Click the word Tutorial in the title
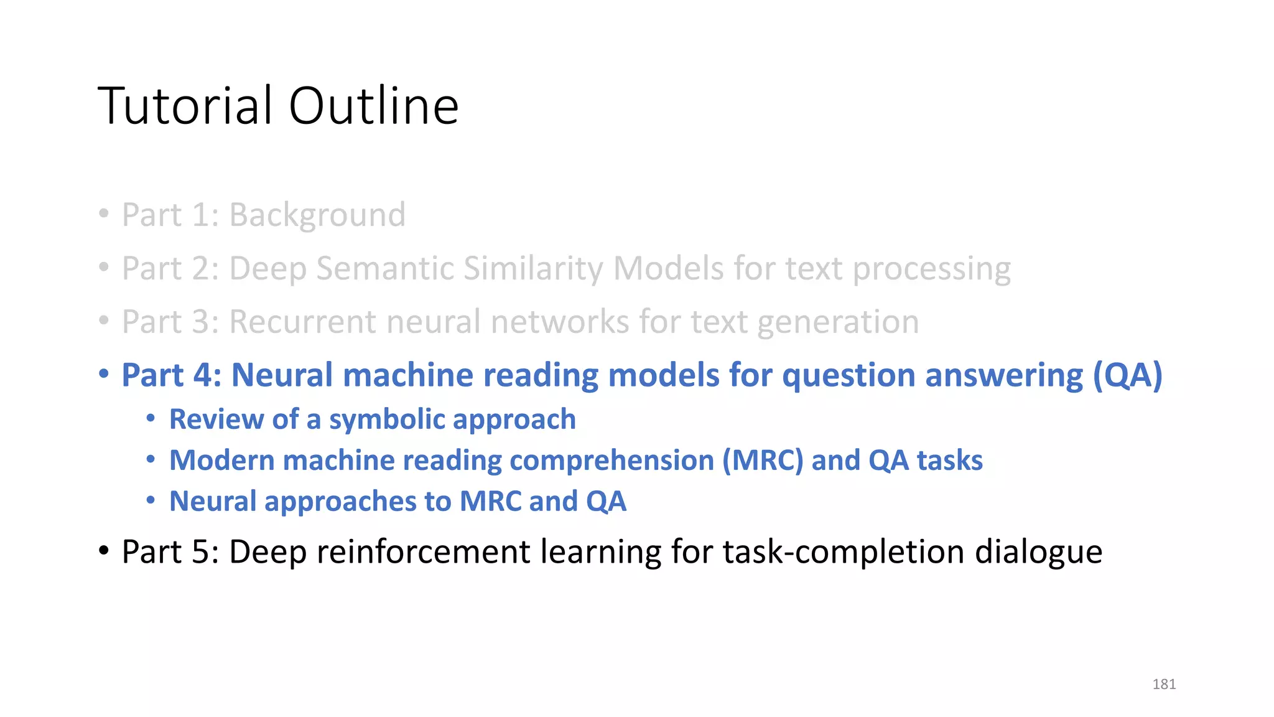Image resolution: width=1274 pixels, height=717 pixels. click(185, 106)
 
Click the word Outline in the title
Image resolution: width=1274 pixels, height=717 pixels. click(373, 106)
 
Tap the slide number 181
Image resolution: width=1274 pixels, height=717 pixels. click(1164, 684)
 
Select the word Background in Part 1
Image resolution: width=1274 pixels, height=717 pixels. click(317, 215)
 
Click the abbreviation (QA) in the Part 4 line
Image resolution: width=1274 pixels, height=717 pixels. click(1127, 375)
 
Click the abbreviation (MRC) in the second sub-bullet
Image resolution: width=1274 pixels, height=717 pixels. click(762, 461)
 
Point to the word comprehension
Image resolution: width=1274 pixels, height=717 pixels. click(611, 461)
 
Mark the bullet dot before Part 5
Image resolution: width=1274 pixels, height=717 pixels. click(104, 551)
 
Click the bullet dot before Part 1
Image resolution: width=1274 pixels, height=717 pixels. click(104, 214)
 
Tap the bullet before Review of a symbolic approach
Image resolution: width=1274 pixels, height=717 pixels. click(151, 419)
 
